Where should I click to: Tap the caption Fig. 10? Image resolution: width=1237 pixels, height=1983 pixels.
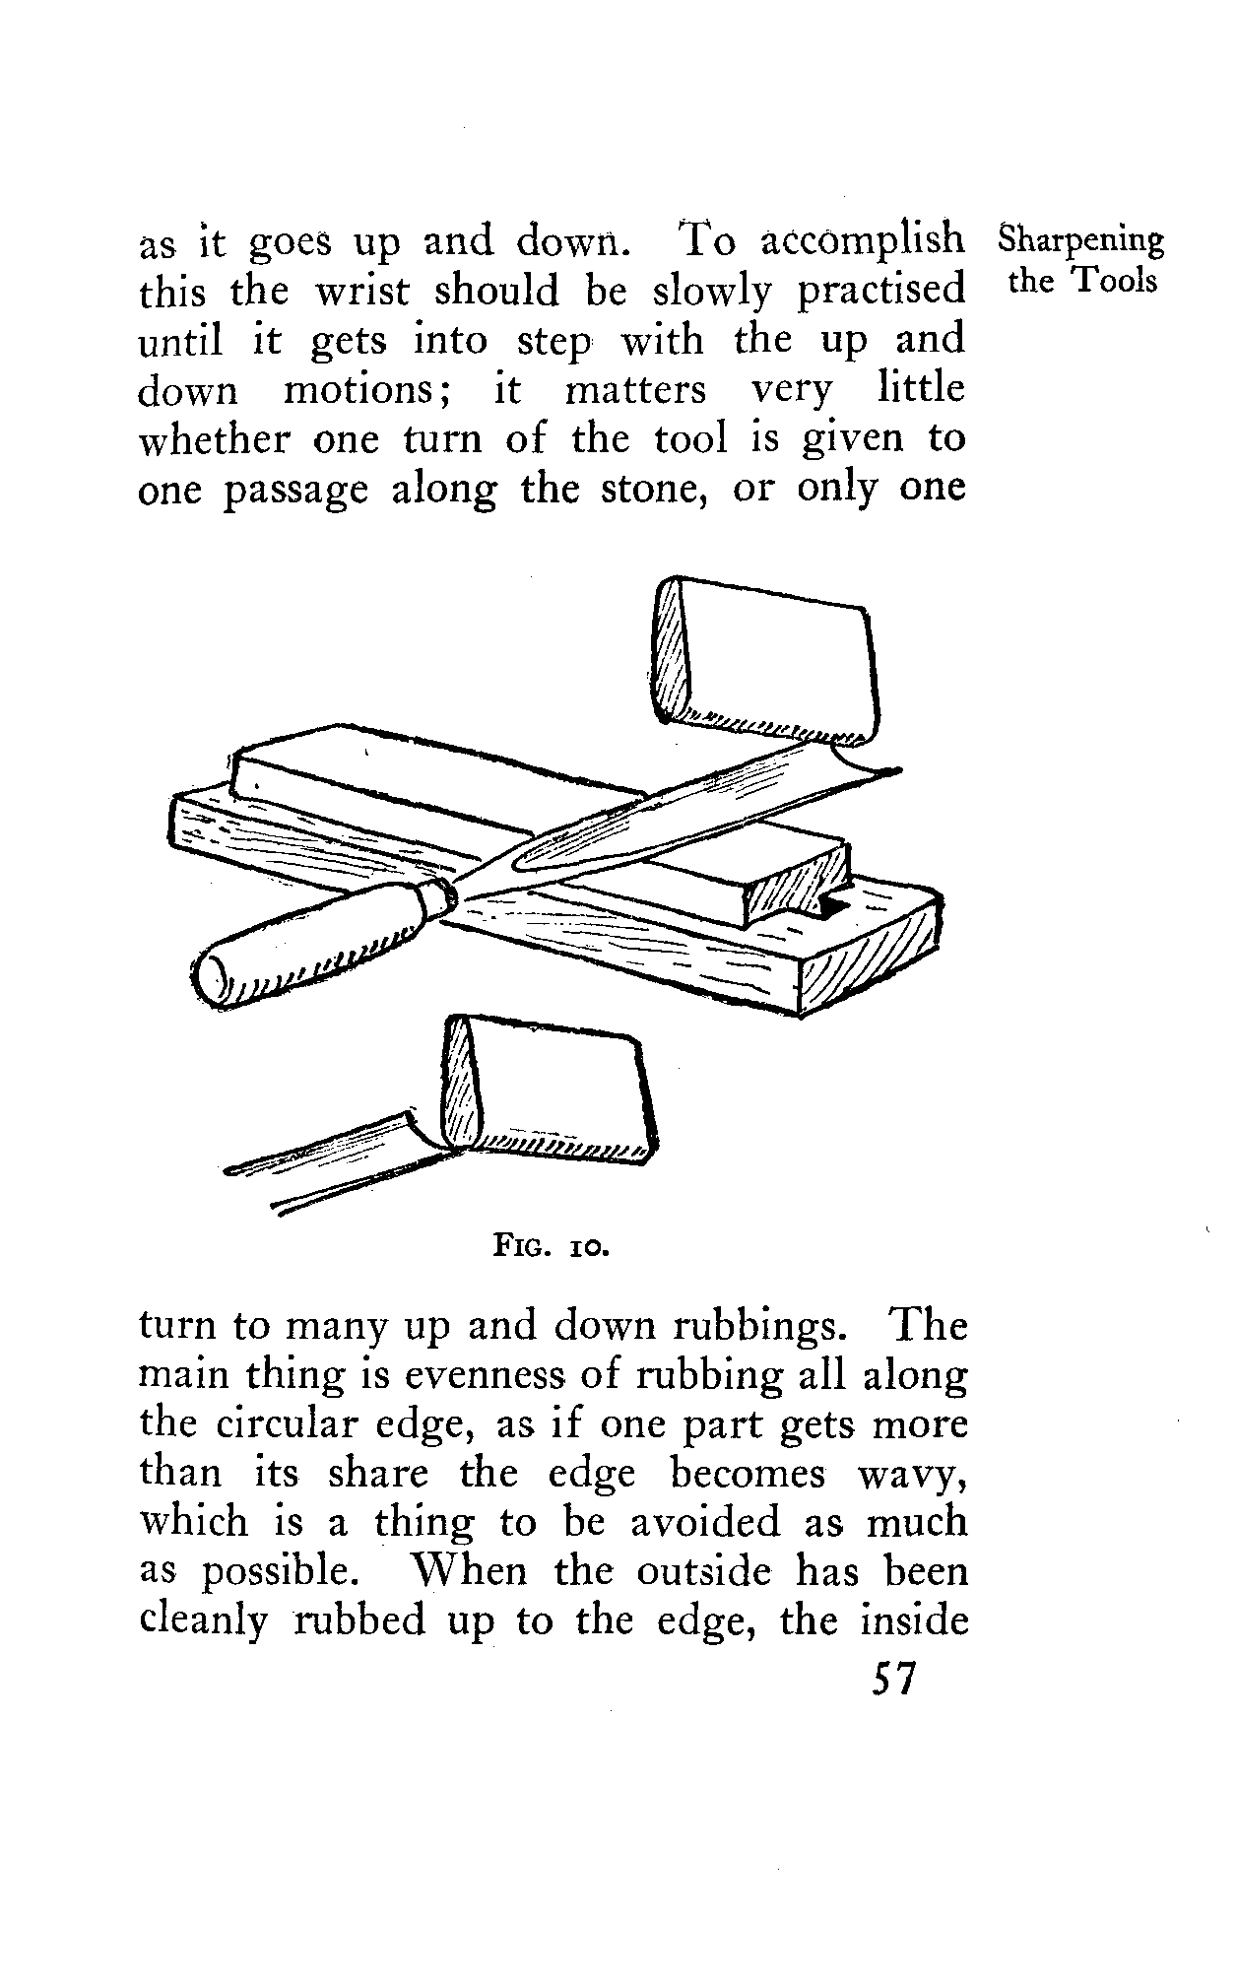click(552, 1250)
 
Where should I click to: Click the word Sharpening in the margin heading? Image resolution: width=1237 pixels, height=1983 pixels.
click(1080, 241)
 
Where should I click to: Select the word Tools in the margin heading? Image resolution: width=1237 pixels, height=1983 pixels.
click(1114, 282)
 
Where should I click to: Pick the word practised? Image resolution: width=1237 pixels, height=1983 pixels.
click(880, 293)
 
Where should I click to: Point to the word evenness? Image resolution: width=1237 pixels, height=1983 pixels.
click(456, 1376)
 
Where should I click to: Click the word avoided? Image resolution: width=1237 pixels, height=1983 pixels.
click(704, 1524)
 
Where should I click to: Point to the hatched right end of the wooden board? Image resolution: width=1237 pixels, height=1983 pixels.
click(867, 956)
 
